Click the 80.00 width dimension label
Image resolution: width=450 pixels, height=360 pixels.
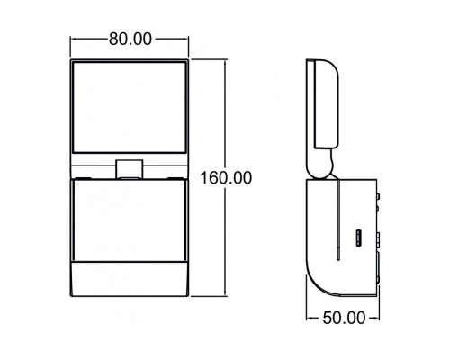[130, 40]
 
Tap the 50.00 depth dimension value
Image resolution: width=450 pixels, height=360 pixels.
[345, 317]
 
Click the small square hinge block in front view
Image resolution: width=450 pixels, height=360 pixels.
[130, 167]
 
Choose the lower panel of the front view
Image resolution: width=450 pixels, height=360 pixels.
[130, 220]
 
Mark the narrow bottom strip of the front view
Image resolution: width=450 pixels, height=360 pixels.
[130, 280]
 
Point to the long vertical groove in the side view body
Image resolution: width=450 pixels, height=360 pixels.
[338, 216]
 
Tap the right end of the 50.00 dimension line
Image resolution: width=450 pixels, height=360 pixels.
[382, 317]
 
